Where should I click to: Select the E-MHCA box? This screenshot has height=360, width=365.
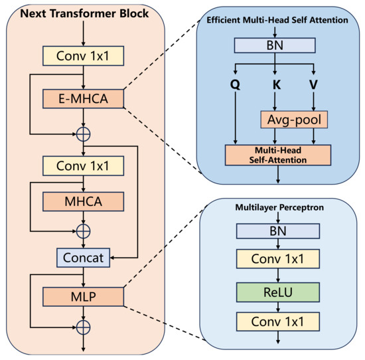[83, 100]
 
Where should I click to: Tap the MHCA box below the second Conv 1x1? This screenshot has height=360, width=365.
[83, 199]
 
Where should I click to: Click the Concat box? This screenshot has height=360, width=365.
[83, 256]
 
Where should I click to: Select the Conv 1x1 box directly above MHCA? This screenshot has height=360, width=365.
[83, 163]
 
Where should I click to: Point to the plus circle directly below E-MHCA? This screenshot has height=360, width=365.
[83, 133]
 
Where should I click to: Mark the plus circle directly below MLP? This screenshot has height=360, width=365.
[83, 326]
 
